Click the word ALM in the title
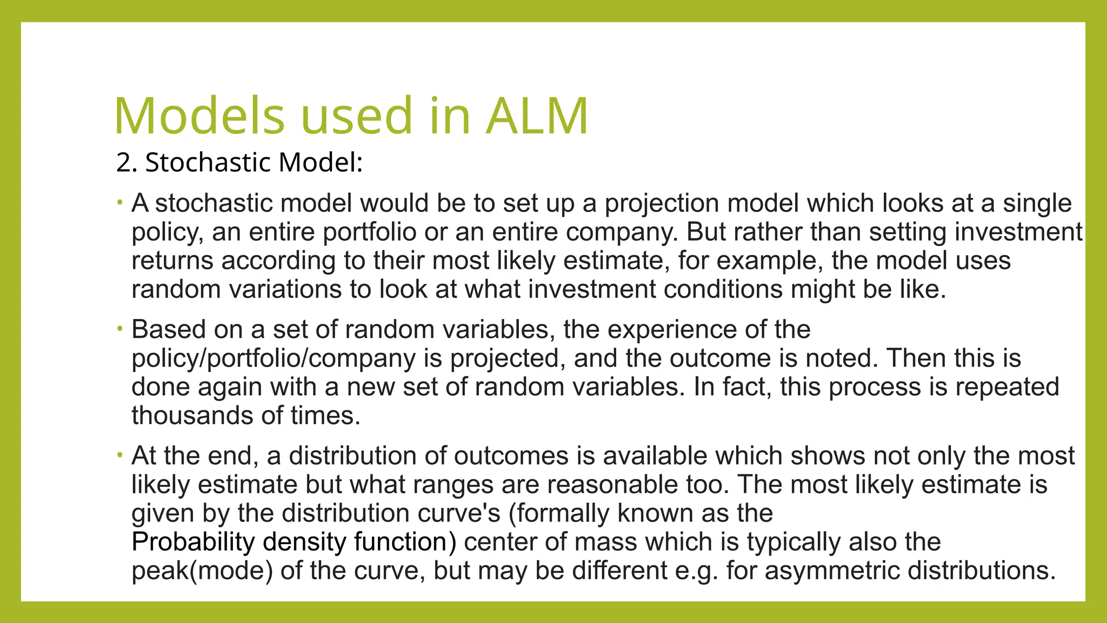[536, 116]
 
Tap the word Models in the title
[199, 116]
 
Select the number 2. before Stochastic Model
[127, 162]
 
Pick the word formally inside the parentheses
[563, 513]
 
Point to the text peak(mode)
[202, 571]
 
